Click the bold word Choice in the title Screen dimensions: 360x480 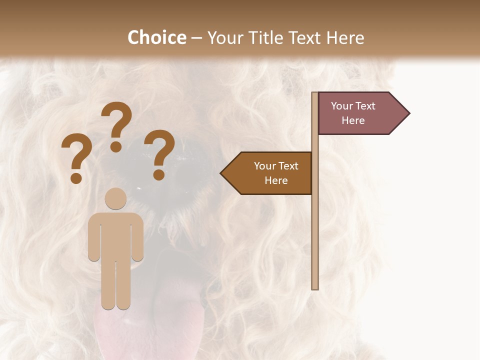point(156,38)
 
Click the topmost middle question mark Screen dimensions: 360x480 point(116,126)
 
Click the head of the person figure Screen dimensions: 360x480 point(115,198)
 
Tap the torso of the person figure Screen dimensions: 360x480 point(115,235)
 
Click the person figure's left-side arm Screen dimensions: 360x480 point(93,237)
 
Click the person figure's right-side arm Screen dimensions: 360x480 point(138,237)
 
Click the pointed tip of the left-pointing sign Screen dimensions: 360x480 point(222,173)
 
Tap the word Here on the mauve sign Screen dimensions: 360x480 point(353,120)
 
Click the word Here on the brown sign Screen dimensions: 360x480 point(276,180)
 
